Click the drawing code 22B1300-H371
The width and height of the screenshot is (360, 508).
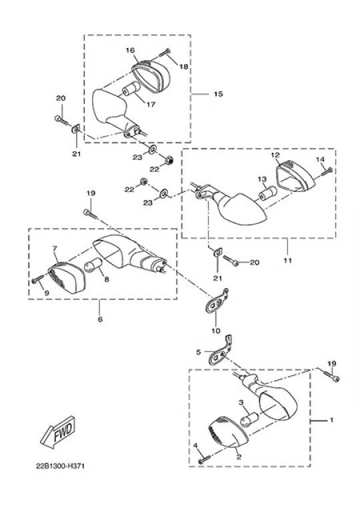(x=60, y=467)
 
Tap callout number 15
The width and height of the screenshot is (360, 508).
(x=219, y=94)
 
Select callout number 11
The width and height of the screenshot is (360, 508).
(x=288, y=260)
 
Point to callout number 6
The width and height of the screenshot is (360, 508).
(x=100, y=319)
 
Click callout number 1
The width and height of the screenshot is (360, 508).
(x=331, y=420)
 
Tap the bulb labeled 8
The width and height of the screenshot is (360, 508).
(x=93, y=265)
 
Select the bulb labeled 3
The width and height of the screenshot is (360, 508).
(x=249, y=419)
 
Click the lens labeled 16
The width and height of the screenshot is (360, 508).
(x=151, y=75)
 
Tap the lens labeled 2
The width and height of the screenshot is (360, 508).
(x=227, y=433)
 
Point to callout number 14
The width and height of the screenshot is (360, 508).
(x=320, y=159)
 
